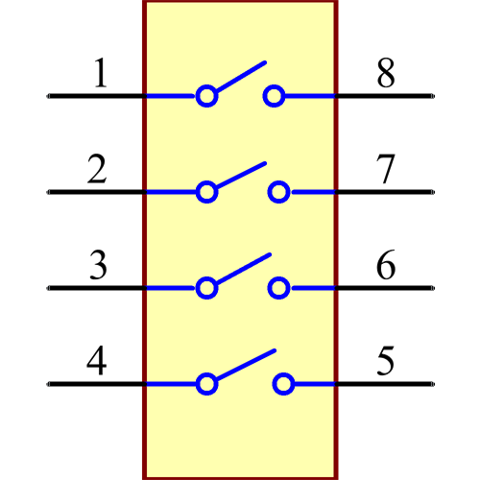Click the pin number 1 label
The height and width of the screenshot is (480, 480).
pyautogui.click(x=99, y=74)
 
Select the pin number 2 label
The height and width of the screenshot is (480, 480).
pyautogui.click(x=97, y=170)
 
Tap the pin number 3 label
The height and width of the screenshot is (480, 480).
pyautogui.click(x=98, y=266)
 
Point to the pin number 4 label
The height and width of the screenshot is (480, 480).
pyautogui.click(x=97, y=362)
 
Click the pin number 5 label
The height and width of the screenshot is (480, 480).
pyautogui.click(x=385, y=362)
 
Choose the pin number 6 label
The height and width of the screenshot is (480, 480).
pyautogui.click(x=385, y=266)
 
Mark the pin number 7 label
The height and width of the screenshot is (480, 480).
pyautogui.click(x=385, y=170)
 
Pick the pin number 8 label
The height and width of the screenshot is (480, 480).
pyautogui.click(x=385, y=74)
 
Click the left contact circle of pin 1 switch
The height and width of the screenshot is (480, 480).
pyautogui.click(x=205, y=96)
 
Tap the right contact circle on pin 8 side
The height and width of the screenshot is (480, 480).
pyautogui.click(x=275, y=96)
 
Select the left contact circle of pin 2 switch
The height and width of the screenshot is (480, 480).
pyautogui.click(x=205, y=192)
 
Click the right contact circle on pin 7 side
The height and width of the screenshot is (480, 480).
pyautogui.click(x=279, y=192)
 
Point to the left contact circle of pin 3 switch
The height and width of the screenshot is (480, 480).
pyautogui.click(x=205, y=288)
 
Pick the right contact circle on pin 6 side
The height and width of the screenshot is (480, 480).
pyautogui.click(x=279, y=288)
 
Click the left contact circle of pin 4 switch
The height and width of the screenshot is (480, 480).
pyautogui.click(x=205, y=384)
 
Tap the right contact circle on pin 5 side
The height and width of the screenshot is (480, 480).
pyautogui.click(x=283, y=384)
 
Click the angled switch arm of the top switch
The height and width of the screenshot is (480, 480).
pyautogui.click(x=240, y=78)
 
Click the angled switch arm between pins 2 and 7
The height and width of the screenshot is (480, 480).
pyautogui.click(x=240, y=175)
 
